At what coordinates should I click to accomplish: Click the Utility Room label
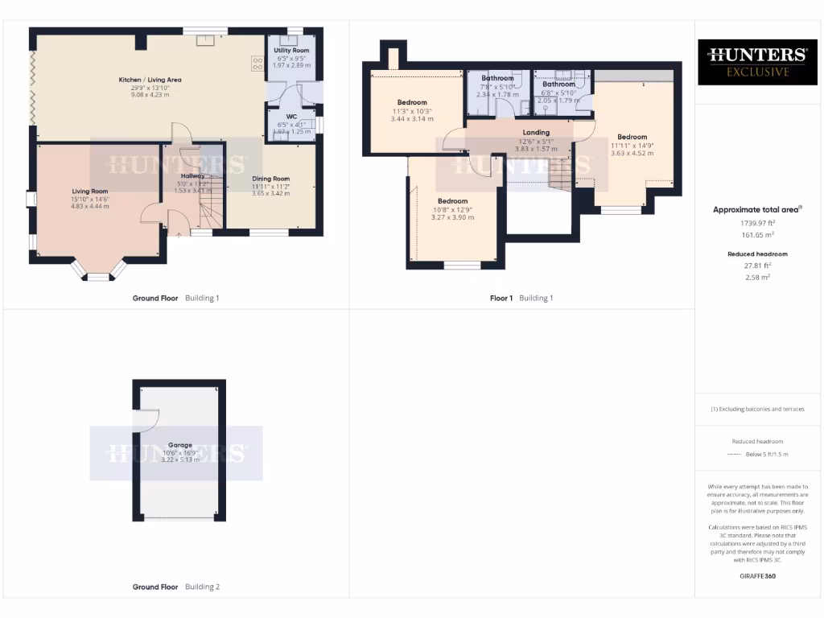[x=291, y=51]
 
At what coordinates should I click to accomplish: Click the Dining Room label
[x=270, y=179]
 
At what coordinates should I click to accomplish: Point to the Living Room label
[x=89, y=192]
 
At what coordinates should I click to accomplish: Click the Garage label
[x=179, y=445]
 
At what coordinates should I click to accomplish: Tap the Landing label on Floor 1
[x=536, y=133]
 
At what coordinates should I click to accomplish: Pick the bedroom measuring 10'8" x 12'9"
[x=452, y=201]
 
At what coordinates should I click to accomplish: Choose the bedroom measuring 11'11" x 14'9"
[x=632, y=137]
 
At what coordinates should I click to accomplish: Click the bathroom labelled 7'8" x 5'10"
[x=496, y=79]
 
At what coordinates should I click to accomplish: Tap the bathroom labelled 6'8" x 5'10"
[x=558, y=84]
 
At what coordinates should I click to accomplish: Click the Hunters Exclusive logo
[x=756, y=62]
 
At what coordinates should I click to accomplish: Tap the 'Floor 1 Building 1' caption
[x=521, y=298]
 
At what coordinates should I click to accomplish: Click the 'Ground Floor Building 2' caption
[x=175, y=587]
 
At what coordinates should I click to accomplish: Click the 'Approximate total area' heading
[x=756, y=210]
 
